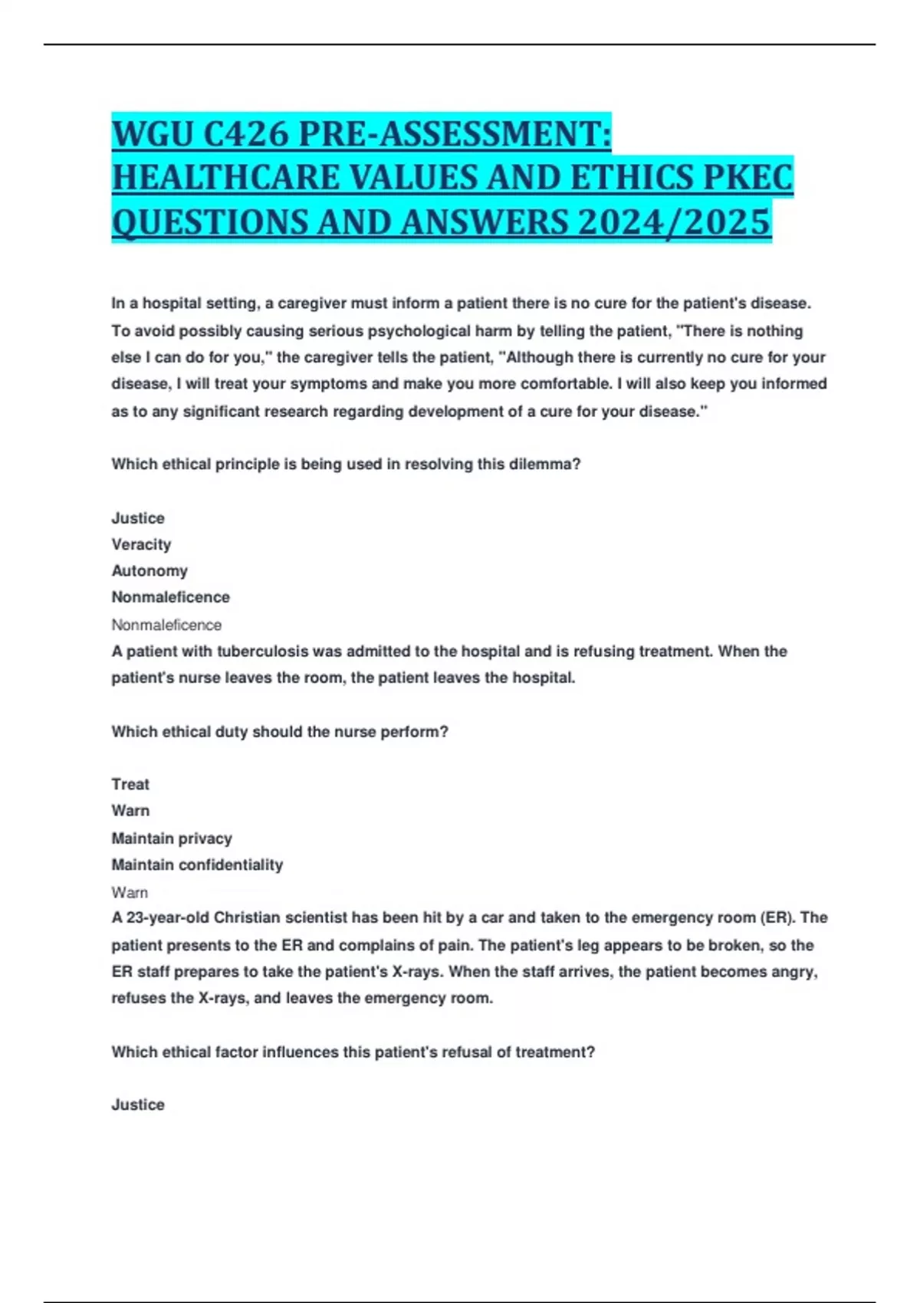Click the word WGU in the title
(153, 135)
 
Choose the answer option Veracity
(141, 544)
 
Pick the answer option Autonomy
(149, 571)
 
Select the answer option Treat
(130, 784)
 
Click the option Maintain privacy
(172, 838)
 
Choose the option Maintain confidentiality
(197, 865)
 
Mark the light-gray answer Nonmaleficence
(166, 625)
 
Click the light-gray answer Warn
(130, 892)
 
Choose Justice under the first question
(138, 518)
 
